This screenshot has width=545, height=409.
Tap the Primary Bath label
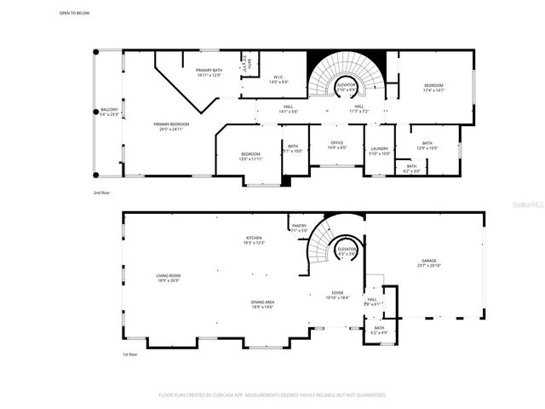coord(209,72)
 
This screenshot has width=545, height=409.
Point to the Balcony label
coord(109,112)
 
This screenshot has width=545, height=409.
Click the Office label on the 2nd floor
coord(336,145)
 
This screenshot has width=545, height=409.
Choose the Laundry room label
coord(379,151)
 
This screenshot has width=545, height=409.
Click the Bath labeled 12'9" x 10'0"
coord(427,146)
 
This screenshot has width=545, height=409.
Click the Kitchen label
coord(254,240)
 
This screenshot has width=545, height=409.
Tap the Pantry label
coord(299,228)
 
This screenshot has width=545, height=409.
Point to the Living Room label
coord(168,277)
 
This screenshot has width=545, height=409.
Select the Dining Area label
coord(262,304)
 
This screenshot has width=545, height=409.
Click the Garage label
coord(429,263)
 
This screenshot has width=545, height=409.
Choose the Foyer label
coord(337,295)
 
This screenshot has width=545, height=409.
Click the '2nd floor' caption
coord(103,193)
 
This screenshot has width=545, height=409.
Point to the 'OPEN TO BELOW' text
coord(74,13)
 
